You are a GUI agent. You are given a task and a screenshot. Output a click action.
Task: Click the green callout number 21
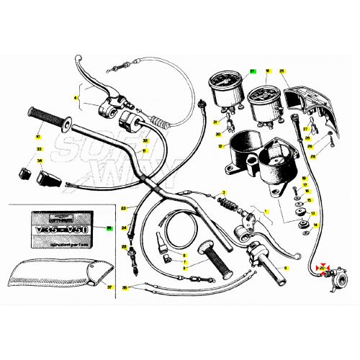point(253,71)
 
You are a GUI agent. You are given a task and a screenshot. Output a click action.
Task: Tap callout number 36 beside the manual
point(109,228)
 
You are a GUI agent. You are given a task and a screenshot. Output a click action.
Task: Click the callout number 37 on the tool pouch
point(109,287)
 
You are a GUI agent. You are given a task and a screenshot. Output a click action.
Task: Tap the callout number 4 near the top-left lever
point(75,97)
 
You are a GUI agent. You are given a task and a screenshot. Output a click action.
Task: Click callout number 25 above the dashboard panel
point(282,71)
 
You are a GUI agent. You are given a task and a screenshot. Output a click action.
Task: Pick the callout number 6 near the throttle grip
point(284,268)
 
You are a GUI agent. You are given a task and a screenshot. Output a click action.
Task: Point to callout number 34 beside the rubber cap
point(40,161)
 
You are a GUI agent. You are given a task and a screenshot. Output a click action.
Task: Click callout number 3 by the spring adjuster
point(224,192)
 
